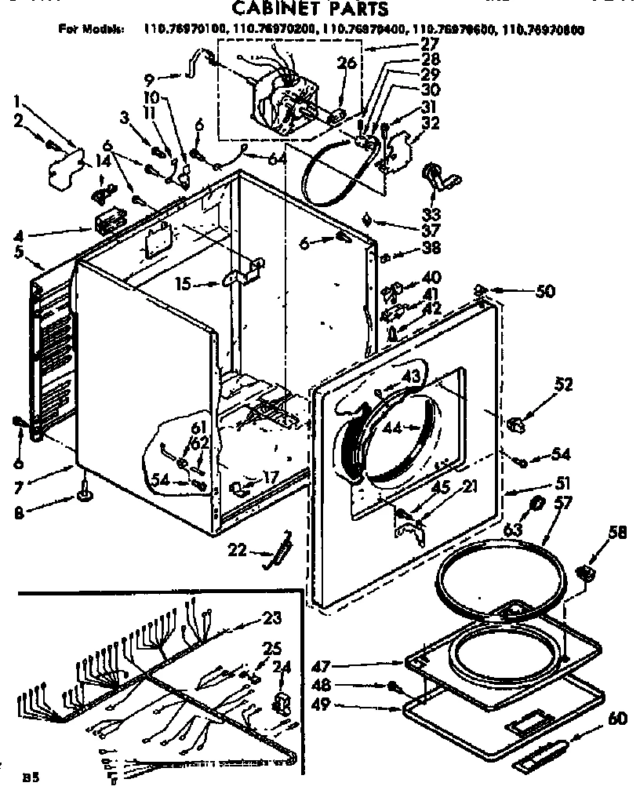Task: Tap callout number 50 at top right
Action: click(544, 292)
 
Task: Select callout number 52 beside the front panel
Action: click(563, 384)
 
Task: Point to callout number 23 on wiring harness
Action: click(271, 617)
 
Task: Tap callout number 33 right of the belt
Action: click(430, 213)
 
